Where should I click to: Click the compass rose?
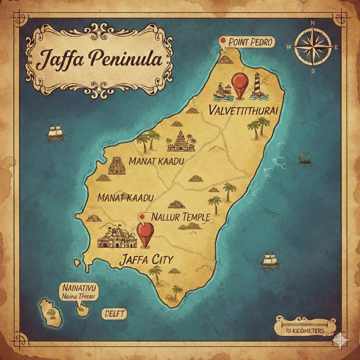click(x=313, y=46)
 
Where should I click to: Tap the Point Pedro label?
click(x=250, y=42)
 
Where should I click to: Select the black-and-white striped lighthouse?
click(x=257, y=85)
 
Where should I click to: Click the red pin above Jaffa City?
click(x=145, y=233)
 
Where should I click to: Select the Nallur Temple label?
click(x=180, y=217)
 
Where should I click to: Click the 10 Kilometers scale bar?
click(x=304, y=326)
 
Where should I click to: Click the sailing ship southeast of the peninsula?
click(x=270, y=261)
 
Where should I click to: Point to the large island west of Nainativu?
click(x=51, y=312)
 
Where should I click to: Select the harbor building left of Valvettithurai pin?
click(x=223, y=90)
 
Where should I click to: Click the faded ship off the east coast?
click(x=304, y=158)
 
